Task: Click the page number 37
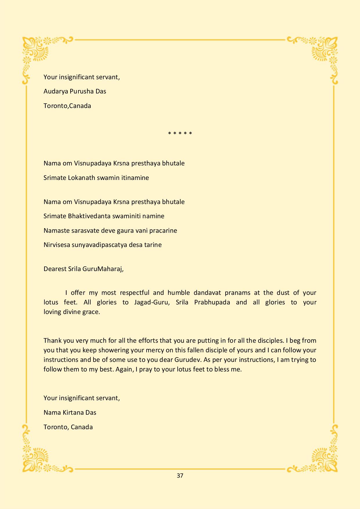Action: point(180,476)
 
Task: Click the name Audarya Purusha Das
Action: point(75,91)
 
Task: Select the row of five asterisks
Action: point(180,134)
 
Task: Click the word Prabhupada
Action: point(212,302)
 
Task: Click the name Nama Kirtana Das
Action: point(70,412)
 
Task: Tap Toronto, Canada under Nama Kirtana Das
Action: point(68,427)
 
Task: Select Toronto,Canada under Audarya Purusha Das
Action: point(67,106)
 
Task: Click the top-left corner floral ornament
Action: point(36,51)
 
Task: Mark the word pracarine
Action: point(163,230)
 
